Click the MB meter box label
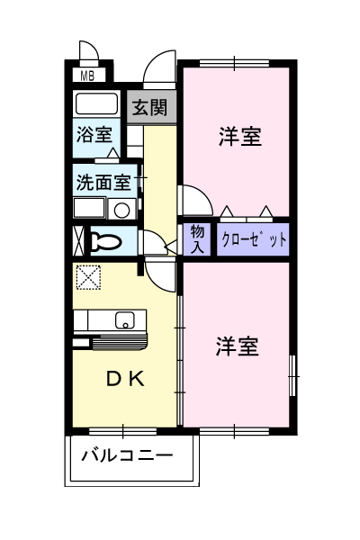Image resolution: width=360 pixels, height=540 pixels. (87, 76)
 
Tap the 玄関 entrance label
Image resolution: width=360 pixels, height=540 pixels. (150, 107)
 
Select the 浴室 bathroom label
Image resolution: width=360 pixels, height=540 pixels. (94, 134)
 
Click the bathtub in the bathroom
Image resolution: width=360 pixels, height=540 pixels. (97, 103)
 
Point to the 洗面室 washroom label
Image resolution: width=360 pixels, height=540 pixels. (103, 182)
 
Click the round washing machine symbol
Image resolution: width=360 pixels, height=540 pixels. (121, 210)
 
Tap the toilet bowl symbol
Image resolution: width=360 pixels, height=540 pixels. (106, 242)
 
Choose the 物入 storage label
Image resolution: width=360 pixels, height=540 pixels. (197, 239)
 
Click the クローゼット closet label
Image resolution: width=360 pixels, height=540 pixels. (254, 239)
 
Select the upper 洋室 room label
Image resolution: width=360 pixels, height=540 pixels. (240, 137)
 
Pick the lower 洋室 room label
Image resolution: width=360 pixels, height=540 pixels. (237, 346)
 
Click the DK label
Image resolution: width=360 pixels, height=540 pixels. (125, 379)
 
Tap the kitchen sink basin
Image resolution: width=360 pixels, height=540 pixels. (124, 320)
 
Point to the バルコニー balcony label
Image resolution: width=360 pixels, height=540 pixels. (127, 455)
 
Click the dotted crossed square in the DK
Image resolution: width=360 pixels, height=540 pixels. (88, 277)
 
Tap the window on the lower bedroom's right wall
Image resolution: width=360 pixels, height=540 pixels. (292, 376)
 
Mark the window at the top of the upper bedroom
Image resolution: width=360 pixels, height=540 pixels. (234, 63)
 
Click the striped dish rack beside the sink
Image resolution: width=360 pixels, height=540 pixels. (119, 342)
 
